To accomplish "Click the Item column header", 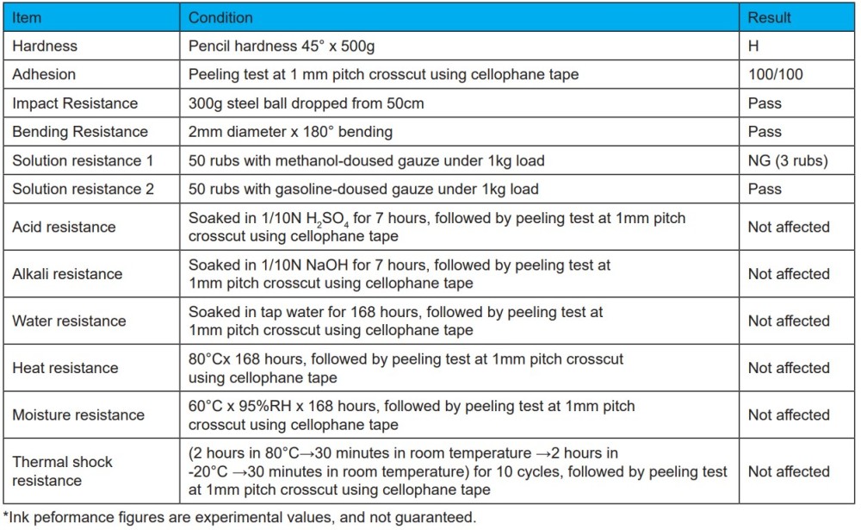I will [x=27, y=17].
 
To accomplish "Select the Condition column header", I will [x=220, y=17].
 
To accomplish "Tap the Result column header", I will [x=769, y=17].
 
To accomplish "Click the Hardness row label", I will [x=45, y=46].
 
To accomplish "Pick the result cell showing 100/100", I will [x=775, y=74].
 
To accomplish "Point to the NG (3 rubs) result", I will [x=788, y=160].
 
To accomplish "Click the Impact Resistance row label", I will [x=75, y=103].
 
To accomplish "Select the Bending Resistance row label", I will [x=80, y=132].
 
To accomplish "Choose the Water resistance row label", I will [x=69, y=321].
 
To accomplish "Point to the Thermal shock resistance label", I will [x=62, y=471].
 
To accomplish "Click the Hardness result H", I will [x=753, y=46].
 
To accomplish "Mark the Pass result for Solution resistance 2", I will [x=765, y=189].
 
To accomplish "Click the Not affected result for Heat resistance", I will [x=788, y=368].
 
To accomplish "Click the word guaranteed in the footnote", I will [x=434, y=517].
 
